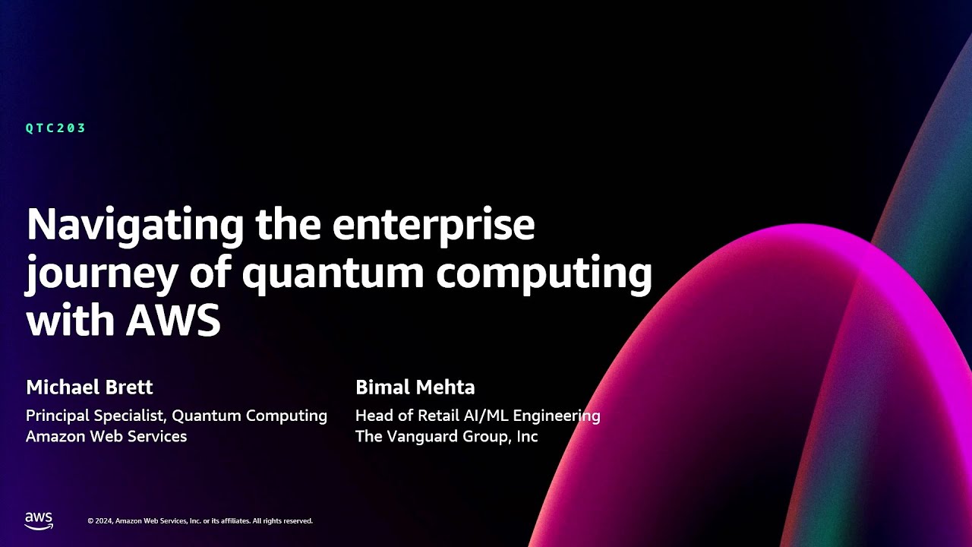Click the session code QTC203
(55, 128)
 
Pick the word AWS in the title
(173, 320)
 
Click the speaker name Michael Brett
(90, 387)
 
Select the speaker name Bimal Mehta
(415, 387)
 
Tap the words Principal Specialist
(96, 416)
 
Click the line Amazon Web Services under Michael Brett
(106, 437)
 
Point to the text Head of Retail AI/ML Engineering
(478, 416)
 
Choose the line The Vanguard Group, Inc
(447, 437)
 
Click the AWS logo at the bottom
(39, 520)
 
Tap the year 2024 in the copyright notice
(105, 521)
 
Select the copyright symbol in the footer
(90, 521)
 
